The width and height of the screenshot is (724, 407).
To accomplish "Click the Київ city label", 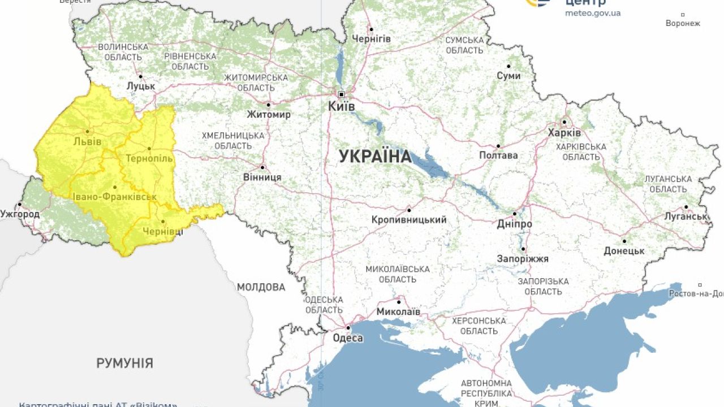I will (x=342, y=106).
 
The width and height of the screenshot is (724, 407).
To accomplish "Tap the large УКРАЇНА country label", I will (x=375, y=157).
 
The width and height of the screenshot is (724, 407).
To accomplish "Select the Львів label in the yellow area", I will (x=88, y=141).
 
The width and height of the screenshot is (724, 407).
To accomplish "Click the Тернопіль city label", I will (x=150, y=158).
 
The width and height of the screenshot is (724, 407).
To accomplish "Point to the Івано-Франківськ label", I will (x=115, y=197).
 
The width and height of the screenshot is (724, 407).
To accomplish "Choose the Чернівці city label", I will (x=163, y=231).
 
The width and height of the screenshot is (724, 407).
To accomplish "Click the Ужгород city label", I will (x=20, y=214).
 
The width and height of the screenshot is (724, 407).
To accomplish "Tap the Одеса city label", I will (x=348, y=338).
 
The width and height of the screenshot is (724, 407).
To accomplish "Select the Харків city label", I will (x=564, y=133).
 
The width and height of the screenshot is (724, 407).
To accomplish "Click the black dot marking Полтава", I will (x=498, y=146).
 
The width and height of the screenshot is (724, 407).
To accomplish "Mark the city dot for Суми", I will (x=508, y=66).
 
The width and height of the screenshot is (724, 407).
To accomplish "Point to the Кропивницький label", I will (x=409, y=220).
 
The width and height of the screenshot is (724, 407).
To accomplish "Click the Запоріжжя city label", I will (x=523, y=259).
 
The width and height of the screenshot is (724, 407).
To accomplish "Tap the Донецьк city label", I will (x=624, y=250).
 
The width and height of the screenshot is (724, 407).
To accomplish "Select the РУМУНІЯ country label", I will (x=124, y=363).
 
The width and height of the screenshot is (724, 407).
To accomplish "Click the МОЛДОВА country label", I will (x=261, y=287).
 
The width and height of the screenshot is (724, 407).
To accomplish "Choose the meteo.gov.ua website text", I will (x=593, y=13).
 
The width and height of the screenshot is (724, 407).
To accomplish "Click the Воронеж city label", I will (x=683, y=23).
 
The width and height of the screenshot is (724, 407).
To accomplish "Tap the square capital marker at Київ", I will (x=341, y=94).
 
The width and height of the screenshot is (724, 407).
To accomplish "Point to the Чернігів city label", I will (x=371, y=39).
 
